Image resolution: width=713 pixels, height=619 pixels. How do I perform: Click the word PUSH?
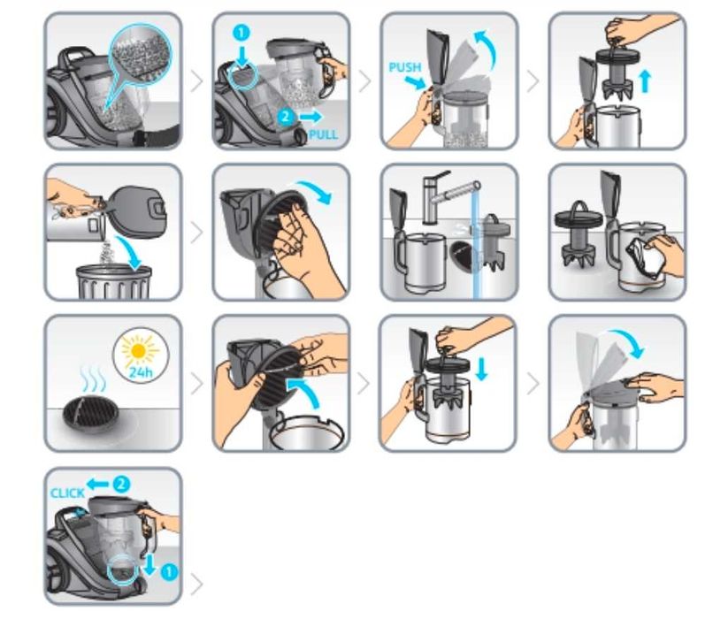[x=404, y=67]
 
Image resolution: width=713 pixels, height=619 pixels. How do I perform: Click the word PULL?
[x=323, y=134]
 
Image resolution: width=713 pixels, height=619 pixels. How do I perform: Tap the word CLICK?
[x=67, y=493]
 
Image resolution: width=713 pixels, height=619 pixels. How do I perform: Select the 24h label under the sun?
[x=141, y=372]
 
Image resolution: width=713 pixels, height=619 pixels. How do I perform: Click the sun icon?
[x=139, y=351]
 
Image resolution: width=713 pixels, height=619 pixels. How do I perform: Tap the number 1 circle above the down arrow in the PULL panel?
[x=241, y=33]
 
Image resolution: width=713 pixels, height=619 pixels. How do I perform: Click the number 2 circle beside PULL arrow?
[x=286, y=117]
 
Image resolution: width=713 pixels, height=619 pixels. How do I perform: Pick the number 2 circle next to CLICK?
[x=120, y=484]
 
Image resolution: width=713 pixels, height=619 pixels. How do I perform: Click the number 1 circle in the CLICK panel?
[x=169, y=571]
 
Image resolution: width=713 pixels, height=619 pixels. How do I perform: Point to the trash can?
[x=113, y=282]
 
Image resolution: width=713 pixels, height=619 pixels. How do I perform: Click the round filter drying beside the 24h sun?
[x=90, y=415]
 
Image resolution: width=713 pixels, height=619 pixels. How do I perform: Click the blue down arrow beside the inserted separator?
[x=481, y=369]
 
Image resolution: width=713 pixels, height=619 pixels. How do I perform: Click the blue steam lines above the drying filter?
[x=92, y=378]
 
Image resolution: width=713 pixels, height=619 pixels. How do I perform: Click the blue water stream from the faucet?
[x=476, y=246]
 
